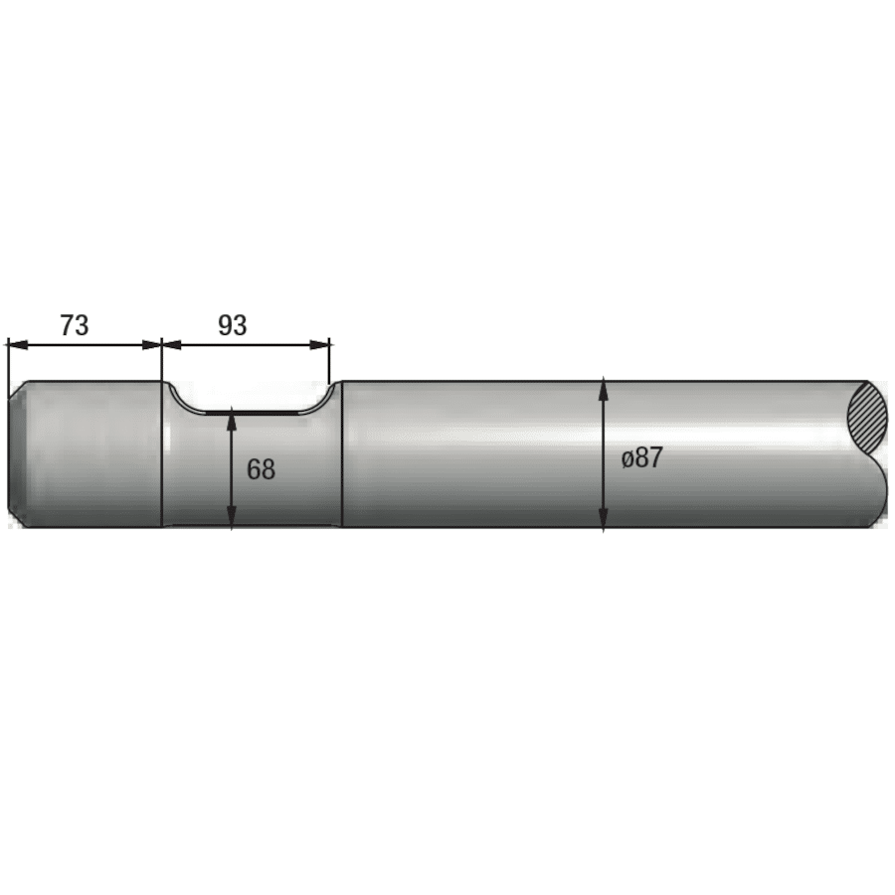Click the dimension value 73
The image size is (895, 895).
pos(75,325)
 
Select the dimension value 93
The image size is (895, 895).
pos(232,325)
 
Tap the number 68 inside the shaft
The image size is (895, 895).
pos(261,469)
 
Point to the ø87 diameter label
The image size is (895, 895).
pos(641,458)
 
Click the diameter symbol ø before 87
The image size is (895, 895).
pos(627,459)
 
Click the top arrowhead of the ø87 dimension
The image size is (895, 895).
pos(604,389)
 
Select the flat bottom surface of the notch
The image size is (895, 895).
pos(253,411)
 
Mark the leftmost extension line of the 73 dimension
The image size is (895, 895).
pos(7,363)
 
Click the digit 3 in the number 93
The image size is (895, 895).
pos(240,325)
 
